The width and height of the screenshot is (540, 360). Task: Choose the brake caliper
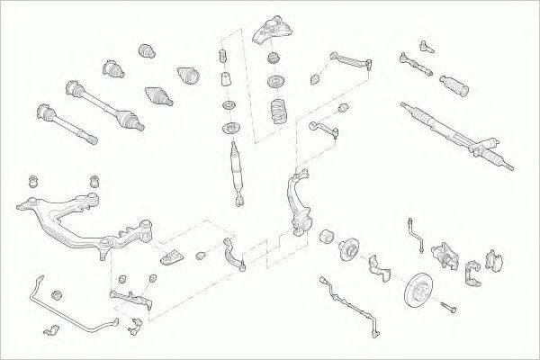point(446,256)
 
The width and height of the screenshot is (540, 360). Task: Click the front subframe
point(81,216)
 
